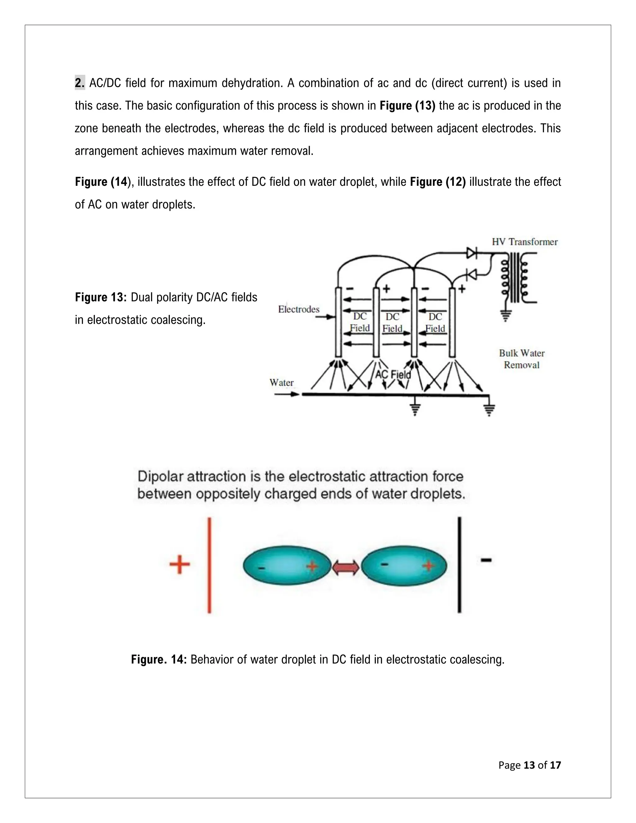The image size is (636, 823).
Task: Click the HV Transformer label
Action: pos(525,242)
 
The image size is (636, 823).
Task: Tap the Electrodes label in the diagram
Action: pos(298,309)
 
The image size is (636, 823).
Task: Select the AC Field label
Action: pos(393,375)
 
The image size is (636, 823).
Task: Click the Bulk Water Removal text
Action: pos(521,359)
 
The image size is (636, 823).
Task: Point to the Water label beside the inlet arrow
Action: pos(281,383)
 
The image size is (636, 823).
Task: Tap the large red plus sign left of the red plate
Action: pos(179,565)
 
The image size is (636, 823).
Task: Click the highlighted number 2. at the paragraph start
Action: pos(79,83)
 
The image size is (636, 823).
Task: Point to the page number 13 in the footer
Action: pos(529,765)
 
